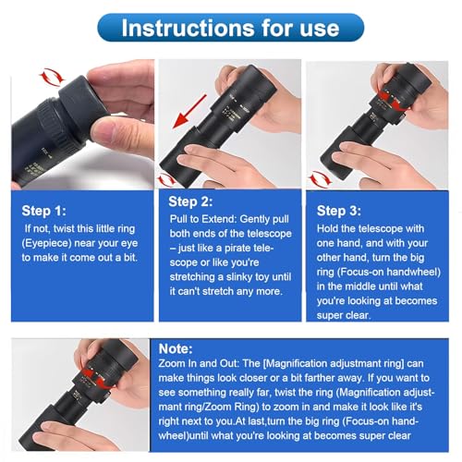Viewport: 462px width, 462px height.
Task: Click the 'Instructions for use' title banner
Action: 231,28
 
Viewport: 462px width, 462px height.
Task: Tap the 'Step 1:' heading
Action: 43,211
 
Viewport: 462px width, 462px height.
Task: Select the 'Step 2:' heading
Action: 190,201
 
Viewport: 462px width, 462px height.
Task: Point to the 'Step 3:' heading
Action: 339,211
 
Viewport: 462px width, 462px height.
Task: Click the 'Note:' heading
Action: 176,349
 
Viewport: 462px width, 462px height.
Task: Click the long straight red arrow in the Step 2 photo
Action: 189,111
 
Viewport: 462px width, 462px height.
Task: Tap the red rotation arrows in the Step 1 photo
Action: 52,77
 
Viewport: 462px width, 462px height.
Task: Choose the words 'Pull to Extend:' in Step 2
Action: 203,219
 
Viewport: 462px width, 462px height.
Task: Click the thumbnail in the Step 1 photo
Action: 100,132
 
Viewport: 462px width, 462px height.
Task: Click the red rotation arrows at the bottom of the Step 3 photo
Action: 321,178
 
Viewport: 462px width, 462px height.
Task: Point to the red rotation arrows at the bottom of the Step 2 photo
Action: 166,180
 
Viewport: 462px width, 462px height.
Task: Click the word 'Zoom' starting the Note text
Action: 171,364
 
